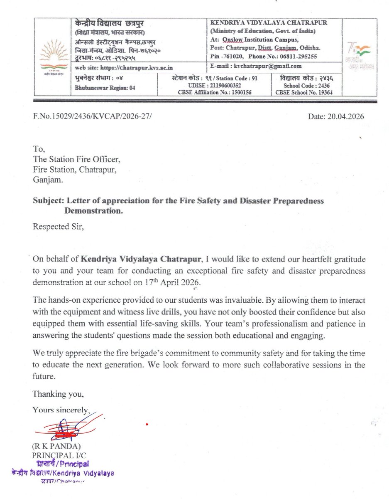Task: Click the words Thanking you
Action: click(x=58, y=393)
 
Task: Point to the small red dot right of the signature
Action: click(x=147, y=425)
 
